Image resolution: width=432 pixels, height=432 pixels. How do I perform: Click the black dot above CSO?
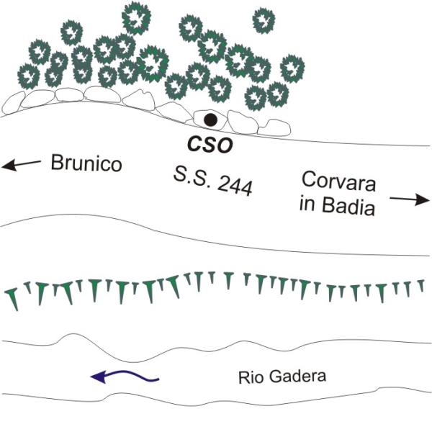point(210,119)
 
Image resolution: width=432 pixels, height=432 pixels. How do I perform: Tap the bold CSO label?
point(210,145)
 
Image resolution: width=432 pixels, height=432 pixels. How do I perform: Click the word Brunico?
point(86,163)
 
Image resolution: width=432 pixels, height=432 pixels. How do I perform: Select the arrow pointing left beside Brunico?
point(22,165)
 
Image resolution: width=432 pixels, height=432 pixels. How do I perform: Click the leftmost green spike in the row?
point(12,297)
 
